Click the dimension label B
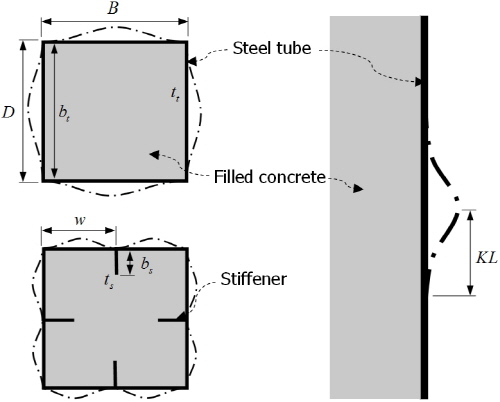[x=113, y=9]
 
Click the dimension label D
[x=8, y=113]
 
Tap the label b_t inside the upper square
[x=64, y=113]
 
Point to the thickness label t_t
[x=175, y=94]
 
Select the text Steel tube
[x=272, y=48]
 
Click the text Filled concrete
[x=269, y=177]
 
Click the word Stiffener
[x=253, y=279]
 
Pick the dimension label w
[x=80, y=220]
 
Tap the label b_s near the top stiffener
[x=147, y=265]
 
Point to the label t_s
[x=109, y=282]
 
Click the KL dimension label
[x=487, y=258]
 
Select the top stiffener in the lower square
[x=116, y=262]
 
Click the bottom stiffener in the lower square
[x=115, y=374]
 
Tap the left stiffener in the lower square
[x=59, y=320]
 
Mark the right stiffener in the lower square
[x=172, y=320]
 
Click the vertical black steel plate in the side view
[x=424, y=207]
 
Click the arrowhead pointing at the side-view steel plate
[x=418, y=82]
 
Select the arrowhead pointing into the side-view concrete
[x=358, y=189]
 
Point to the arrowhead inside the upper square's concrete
[x=154, y=154]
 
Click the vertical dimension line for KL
[x=470, y=253]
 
